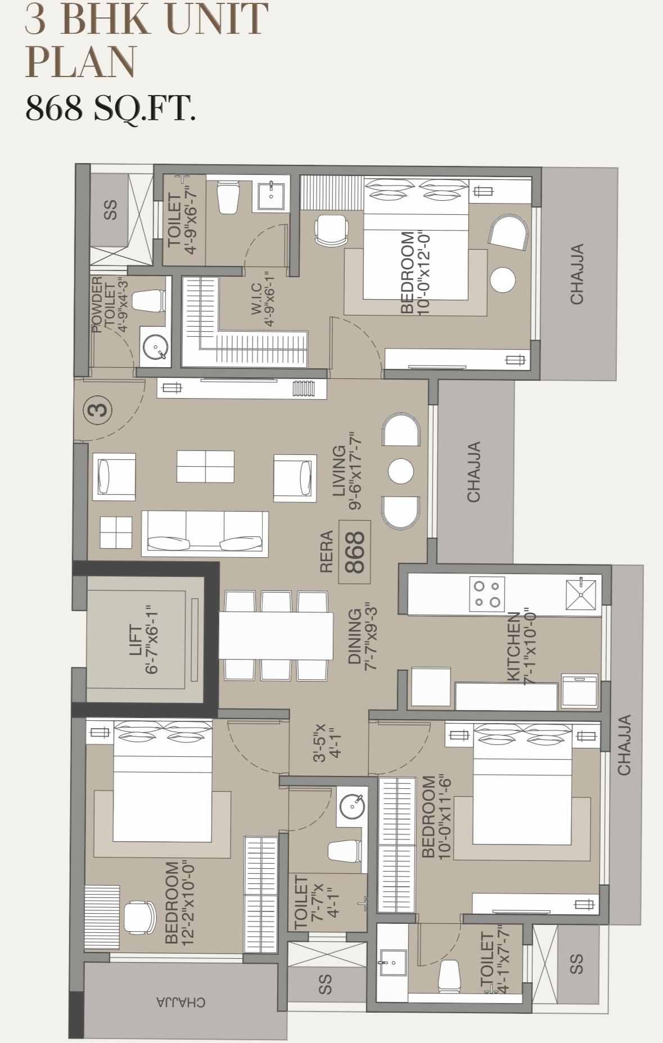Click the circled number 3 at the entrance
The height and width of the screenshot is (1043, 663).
99,409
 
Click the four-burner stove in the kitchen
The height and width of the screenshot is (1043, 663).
487,593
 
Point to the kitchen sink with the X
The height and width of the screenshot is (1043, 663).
580,594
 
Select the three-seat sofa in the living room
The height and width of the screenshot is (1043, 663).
205,533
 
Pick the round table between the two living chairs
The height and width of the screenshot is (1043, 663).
401,471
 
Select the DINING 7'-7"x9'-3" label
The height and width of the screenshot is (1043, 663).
362,636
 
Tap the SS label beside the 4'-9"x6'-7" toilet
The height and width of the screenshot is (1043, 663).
111,210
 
